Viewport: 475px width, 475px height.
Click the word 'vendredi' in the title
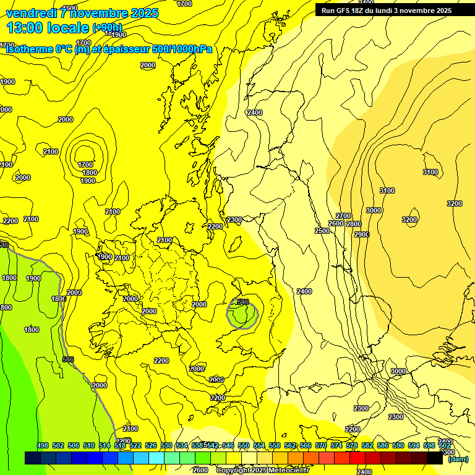pyautogui.click(x=32, y=13)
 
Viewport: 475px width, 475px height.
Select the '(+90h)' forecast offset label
pyautogui.click(x=107, y=27)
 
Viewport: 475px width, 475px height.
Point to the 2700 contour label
pyautogui.click(x=344, y=216)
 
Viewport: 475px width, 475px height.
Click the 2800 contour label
pyautogui.click(x=354, y=224)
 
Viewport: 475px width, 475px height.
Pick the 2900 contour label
pyautogui.click(x=362, y=234)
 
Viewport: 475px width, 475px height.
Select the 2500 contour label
pyautogui.click(x=322, y=231)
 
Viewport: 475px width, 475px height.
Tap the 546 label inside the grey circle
pyautogui.click(x=242, y=302)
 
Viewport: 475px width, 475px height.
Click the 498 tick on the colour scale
pyautogui.click(x=43, y=445)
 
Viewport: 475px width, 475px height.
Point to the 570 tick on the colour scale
pyautogui.click(x=320, y=445)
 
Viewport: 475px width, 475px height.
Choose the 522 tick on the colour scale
pyautogui.click(x=135, y=445)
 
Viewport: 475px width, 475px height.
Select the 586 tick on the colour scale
pyautogui.click(x=382, y=445)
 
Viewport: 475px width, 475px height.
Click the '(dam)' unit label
pyautogui.click(x=458, y=459)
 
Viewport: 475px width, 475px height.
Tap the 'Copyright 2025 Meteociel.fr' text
pyautogui.click(x=262, y=471)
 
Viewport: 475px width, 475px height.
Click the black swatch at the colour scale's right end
pyautogui.click(x=435, y=458)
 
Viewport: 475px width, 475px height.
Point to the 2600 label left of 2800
pyautogui.click(x=336, y=223)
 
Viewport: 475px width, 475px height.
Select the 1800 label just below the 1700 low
pyautogui.click(x=90, y=173)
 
